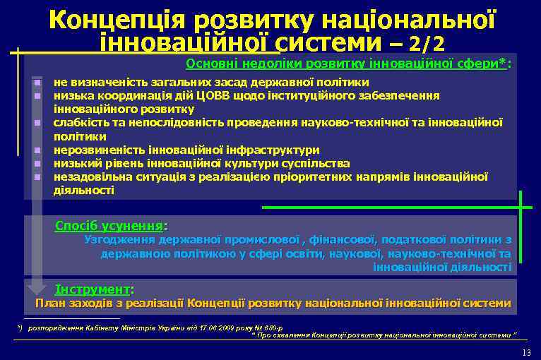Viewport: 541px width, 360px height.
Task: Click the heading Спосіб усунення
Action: point(109,227)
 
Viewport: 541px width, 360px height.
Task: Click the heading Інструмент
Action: point(93,289)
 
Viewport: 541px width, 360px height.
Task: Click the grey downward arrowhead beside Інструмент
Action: point(36,288)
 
